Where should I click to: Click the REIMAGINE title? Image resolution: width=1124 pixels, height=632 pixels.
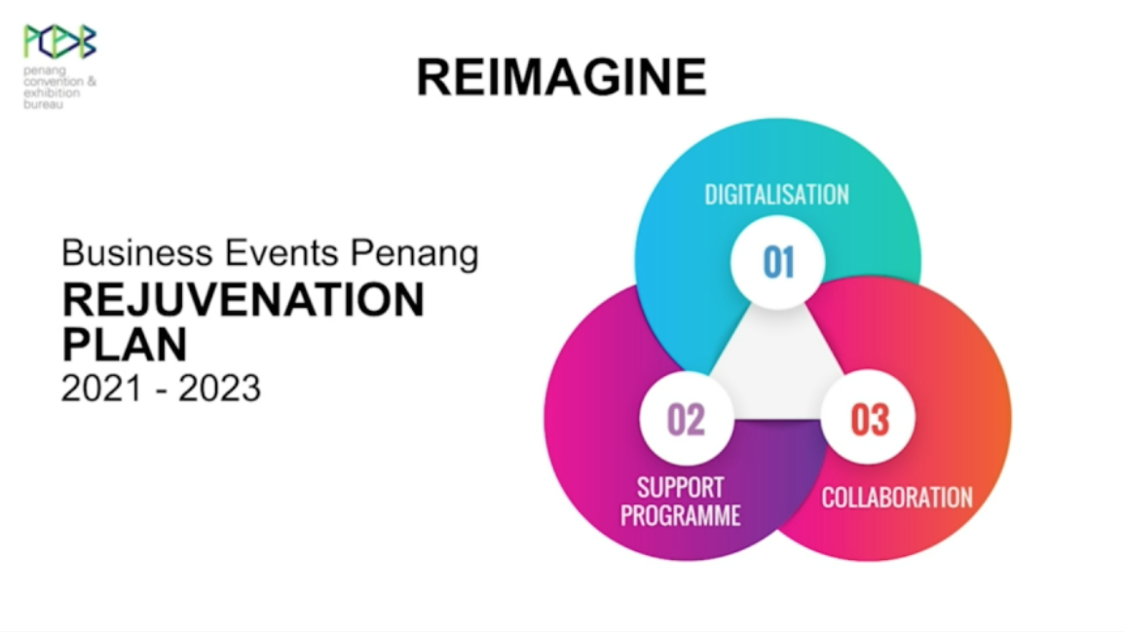(x=561, y=77)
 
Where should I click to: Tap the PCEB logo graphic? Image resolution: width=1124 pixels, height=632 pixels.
(x=59, y=42)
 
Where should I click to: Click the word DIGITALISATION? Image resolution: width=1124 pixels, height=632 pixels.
(x=776, y=194)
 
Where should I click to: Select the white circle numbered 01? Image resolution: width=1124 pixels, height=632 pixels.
(x=778, y=262)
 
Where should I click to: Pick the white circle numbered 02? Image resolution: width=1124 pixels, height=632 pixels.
(x=686, y=419)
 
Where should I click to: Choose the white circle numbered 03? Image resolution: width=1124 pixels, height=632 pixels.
(x=868, y=418)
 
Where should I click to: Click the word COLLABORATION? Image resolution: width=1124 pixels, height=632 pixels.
(x=897, y=498)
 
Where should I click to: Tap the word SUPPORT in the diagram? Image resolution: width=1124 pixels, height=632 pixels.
(x=680, y=487)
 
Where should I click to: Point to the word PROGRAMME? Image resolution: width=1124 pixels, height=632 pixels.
(x=680, y=515)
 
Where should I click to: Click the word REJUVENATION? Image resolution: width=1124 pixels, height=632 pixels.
(x=244, y=300)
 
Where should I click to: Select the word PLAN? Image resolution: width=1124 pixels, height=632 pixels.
(x=125, y=345)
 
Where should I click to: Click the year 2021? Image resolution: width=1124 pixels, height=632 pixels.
(x=102, y=389)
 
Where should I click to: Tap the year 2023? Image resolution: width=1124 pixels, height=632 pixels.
(x=219, y=389)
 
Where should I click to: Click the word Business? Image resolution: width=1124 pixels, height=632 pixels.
(x=137, y=253)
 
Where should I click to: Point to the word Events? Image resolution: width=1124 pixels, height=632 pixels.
(x=281, y=253)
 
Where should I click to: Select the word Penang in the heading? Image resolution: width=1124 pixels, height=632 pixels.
(x=414, y=255)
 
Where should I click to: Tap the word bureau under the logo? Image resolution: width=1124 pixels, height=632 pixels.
(x=43, y=104)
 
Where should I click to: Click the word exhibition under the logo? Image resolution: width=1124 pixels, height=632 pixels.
(x=52, y=93)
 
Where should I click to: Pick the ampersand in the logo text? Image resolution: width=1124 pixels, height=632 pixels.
(x=91, y=82)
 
